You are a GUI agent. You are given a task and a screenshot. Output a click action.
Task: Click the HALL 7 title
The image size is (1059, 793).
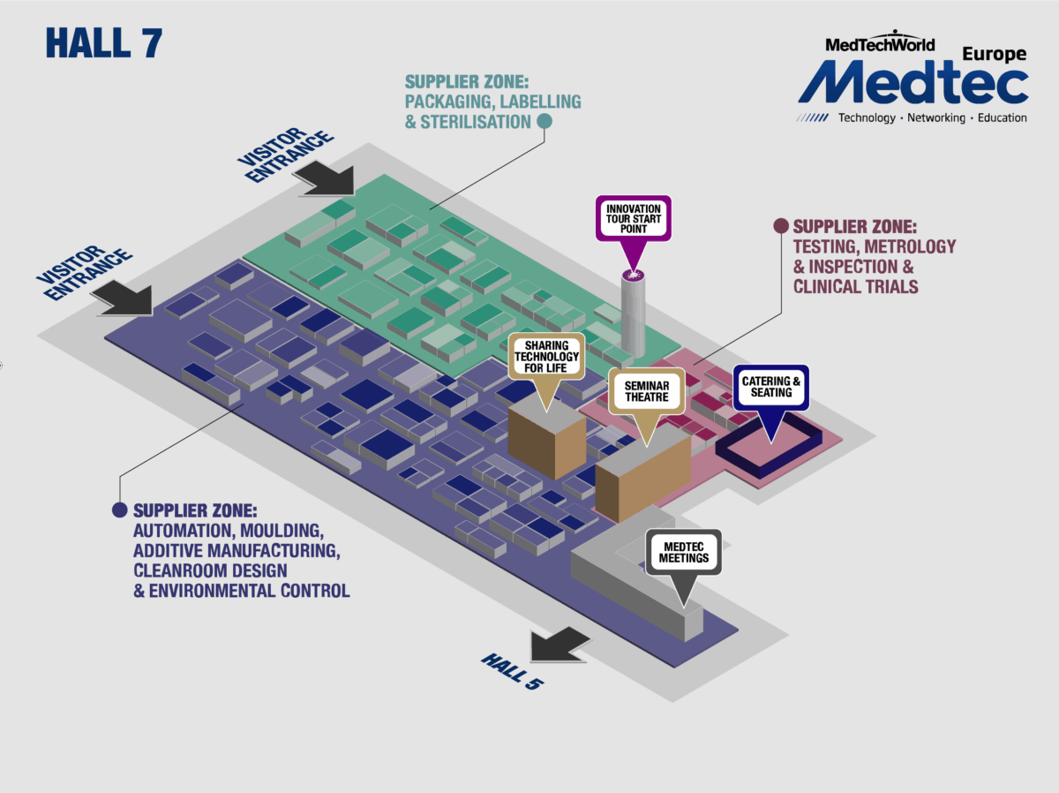(x=103, y=43)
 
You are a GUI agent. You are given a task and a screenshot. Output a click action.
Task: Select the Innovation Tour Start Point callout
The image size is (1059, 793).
(x=633, y=217)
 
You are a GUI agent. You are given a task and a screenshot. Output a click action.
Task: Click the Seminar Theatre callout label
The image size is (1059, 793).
(x=647, y=392)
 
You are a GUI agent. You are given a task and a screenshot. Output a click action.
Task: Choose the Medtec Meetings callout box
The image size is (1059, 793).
(x=684, y=552)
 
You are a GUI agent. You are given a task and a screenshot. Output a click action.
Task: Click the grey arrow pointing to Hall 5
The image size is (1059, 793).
(x=560, y=644)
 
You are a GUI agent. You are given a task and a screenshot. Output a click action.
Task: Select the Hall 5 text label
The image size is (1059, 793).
(x=511, y=671)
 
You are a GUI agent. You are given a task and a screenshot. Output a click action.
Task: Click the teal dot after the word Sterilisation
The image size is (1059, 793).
(x=545, y=121)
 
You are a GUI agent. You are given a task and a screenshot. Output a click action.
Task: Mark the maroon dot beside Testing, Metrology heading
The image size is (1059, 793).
(x=780, y=226)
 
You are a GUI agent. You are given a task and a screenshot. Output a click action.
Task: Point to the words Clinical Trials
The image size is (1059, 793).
(x=855, y=286)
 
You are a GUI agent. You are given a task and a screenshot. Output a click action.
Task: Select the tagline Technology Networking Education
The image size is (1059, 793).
(x=932, y=117)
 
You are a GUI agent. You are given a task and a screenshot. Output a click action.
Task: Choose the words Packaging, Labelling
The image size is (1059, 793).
(x=493, y=102)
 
